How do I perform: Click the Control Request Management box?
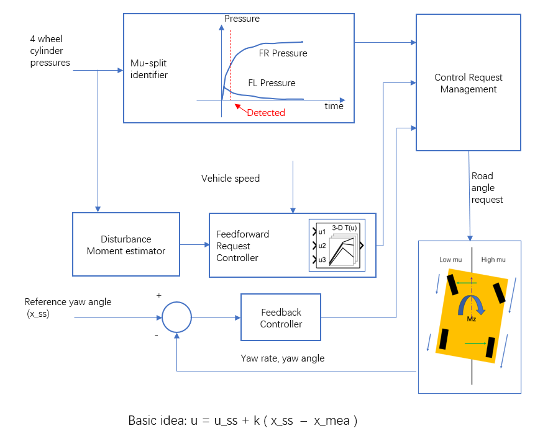coord(468,83)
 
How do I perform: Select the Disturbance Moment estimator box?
coord(126,245)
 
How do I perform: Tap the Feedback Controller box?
coord(281,318)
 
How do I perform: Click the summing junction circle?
coord(176,317)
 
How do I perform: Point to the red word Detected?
coord(266,113)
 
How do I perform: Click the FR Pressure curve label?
coord(283,53)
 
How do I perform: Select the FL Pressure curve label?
coord(272,83)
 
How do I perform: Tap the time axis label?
coord(334,106)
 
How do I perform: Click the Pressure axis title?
coord(242,19)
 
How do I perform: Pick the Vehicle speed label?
coord(231,179)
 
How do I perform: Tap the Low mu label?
coord(450,260)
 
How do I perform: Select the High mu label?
coord(493,260)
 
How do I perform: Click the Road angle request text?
coord(487,188)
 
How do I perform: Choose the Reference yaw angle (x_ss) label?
coord(68,308)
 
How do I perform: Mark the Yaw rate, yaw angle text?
coord(282,358)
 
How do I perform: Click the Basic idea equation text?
coord(242,420)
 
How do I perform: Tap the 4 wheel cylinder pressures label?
coord(50,50)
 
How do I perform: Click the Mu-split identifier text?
coord(149,69)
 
